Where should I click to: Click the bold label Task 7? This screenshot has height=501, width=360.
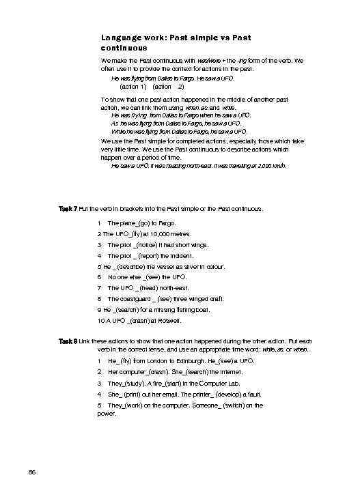pyautogui.click(x=68, y=207)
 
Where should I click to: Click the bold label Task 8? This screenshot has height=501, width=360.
pyautogui.click(x=68, y=340)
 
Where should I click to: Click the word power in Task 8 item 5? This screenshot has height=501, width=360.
pyautogui.click(x=107, y=413)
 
